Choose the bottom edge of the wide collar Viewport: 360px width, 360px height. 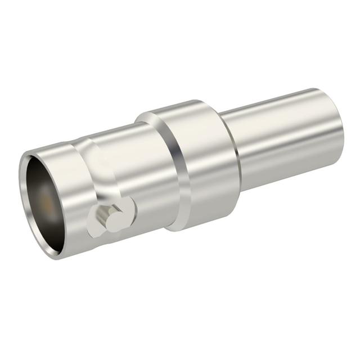pos(191,228)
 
